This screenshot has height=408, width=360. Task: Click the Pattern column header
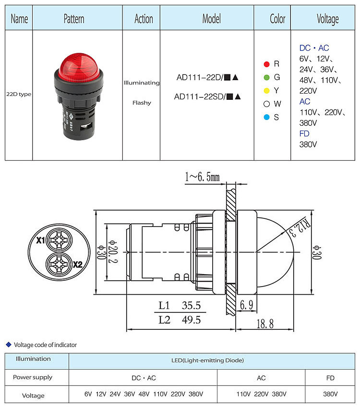tap(74, 19)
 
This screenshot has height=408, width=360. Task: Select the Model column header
tap(211, 19)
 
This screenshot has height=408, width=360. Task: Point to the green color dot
tap(266, 77)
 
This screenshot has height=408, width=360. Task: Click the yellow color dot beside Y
tap(266, 91)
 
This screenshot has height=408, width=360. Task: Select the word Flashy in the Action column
tap(141, 102)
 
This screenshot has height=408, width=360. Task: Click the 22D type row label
tap(19, 94)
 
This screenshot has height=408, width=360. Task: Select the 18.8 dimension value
tap(264, 324)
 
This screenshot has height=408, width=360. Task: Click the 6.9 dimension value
tap(246, 305)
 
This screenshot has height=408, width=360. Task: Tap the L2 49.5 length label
tap(180, 320)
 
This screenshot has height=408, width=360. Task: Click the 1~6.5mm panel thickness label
tap(202, 177)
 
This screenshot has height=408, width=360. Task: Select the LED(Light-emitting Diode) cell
tap(212, 360)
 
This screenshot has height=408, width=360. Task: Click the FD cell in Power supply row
tap(330, 378)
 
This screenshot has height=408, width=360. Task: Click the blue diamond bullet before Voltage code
tap(8, 344)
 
